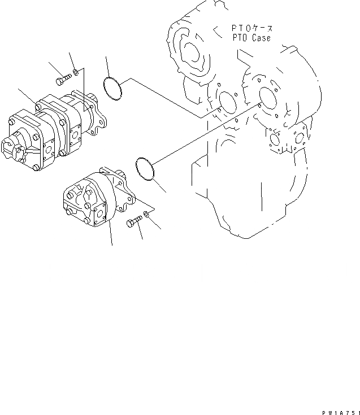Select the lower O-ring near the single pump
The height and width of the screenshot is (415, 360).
(x=146, y=169)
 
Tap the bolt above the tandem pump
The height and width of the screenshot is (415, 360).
(x=62, y=80)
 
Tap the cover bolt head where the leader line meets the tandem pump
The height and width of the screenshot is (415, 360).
(x=38, y=107)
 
